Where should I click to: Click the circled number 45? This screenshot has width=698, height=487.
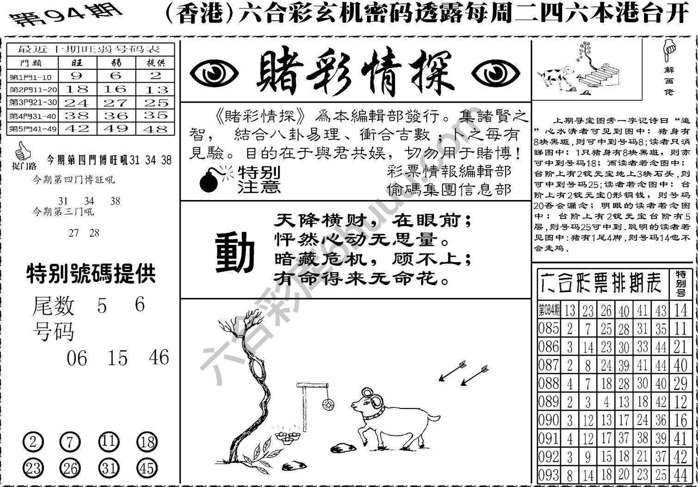[x=147, y=469]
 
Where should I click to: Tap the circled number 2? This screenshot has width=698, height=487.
[x=32, y=443]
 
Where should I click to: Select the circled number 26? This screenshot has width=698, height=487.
[x=70, y=469]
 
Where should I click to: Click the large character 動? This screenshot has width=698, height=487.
[x=235, y=252]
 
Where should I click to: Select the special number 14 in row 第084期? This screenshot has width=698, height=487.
[x=680, y=310]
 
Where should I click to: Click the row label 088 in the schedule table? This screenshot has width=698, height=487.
[x=549, y=383]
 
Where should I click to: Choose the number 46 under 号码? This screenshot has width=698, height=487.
[x=159, y=357]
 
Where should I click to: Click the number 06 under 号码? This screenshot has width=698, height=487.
[x=77, y=358]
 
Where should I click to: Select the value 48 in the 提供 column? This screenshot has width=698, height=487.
[x=155, y=129]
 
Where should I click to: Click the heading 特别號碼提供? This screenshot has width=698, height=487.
[x=91, y=274]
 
